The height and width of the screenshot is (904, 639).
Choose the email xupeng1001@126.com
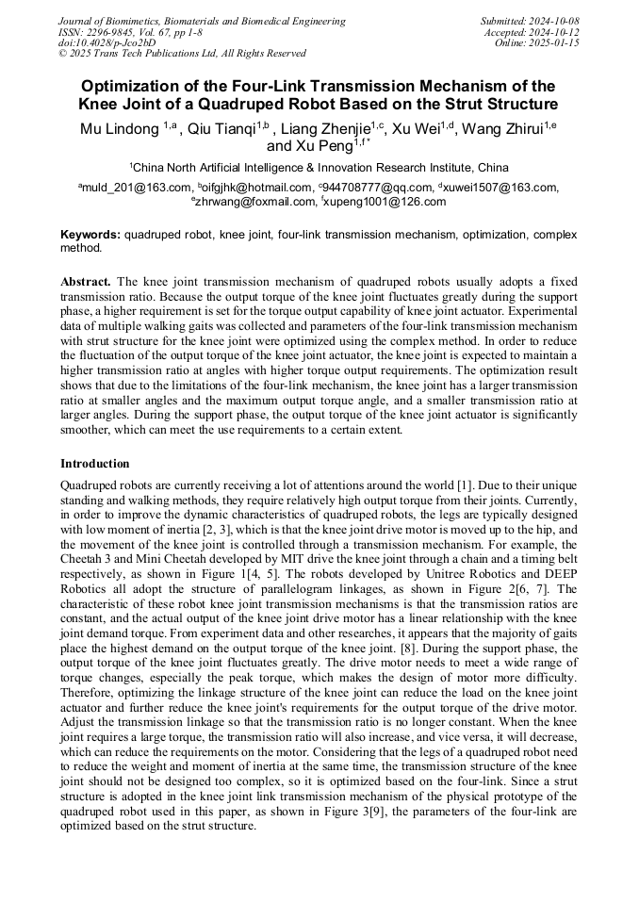click(385, 201)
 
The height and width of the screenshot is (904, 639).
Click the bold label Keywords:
click(90, 234)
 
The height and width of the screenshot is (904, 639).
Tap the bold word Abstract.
click(86, 282)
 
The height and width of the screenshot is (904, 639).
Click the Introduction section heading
click(95, 464)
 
